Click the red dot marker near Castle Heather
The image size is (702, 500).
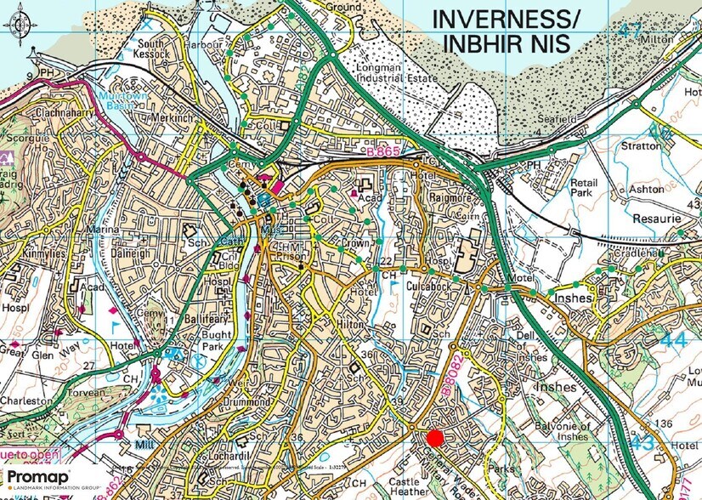pyautogui.click(x=434, y=438)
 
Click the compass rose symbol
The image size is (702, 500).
pyautogui.click(x=20, y=25)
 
